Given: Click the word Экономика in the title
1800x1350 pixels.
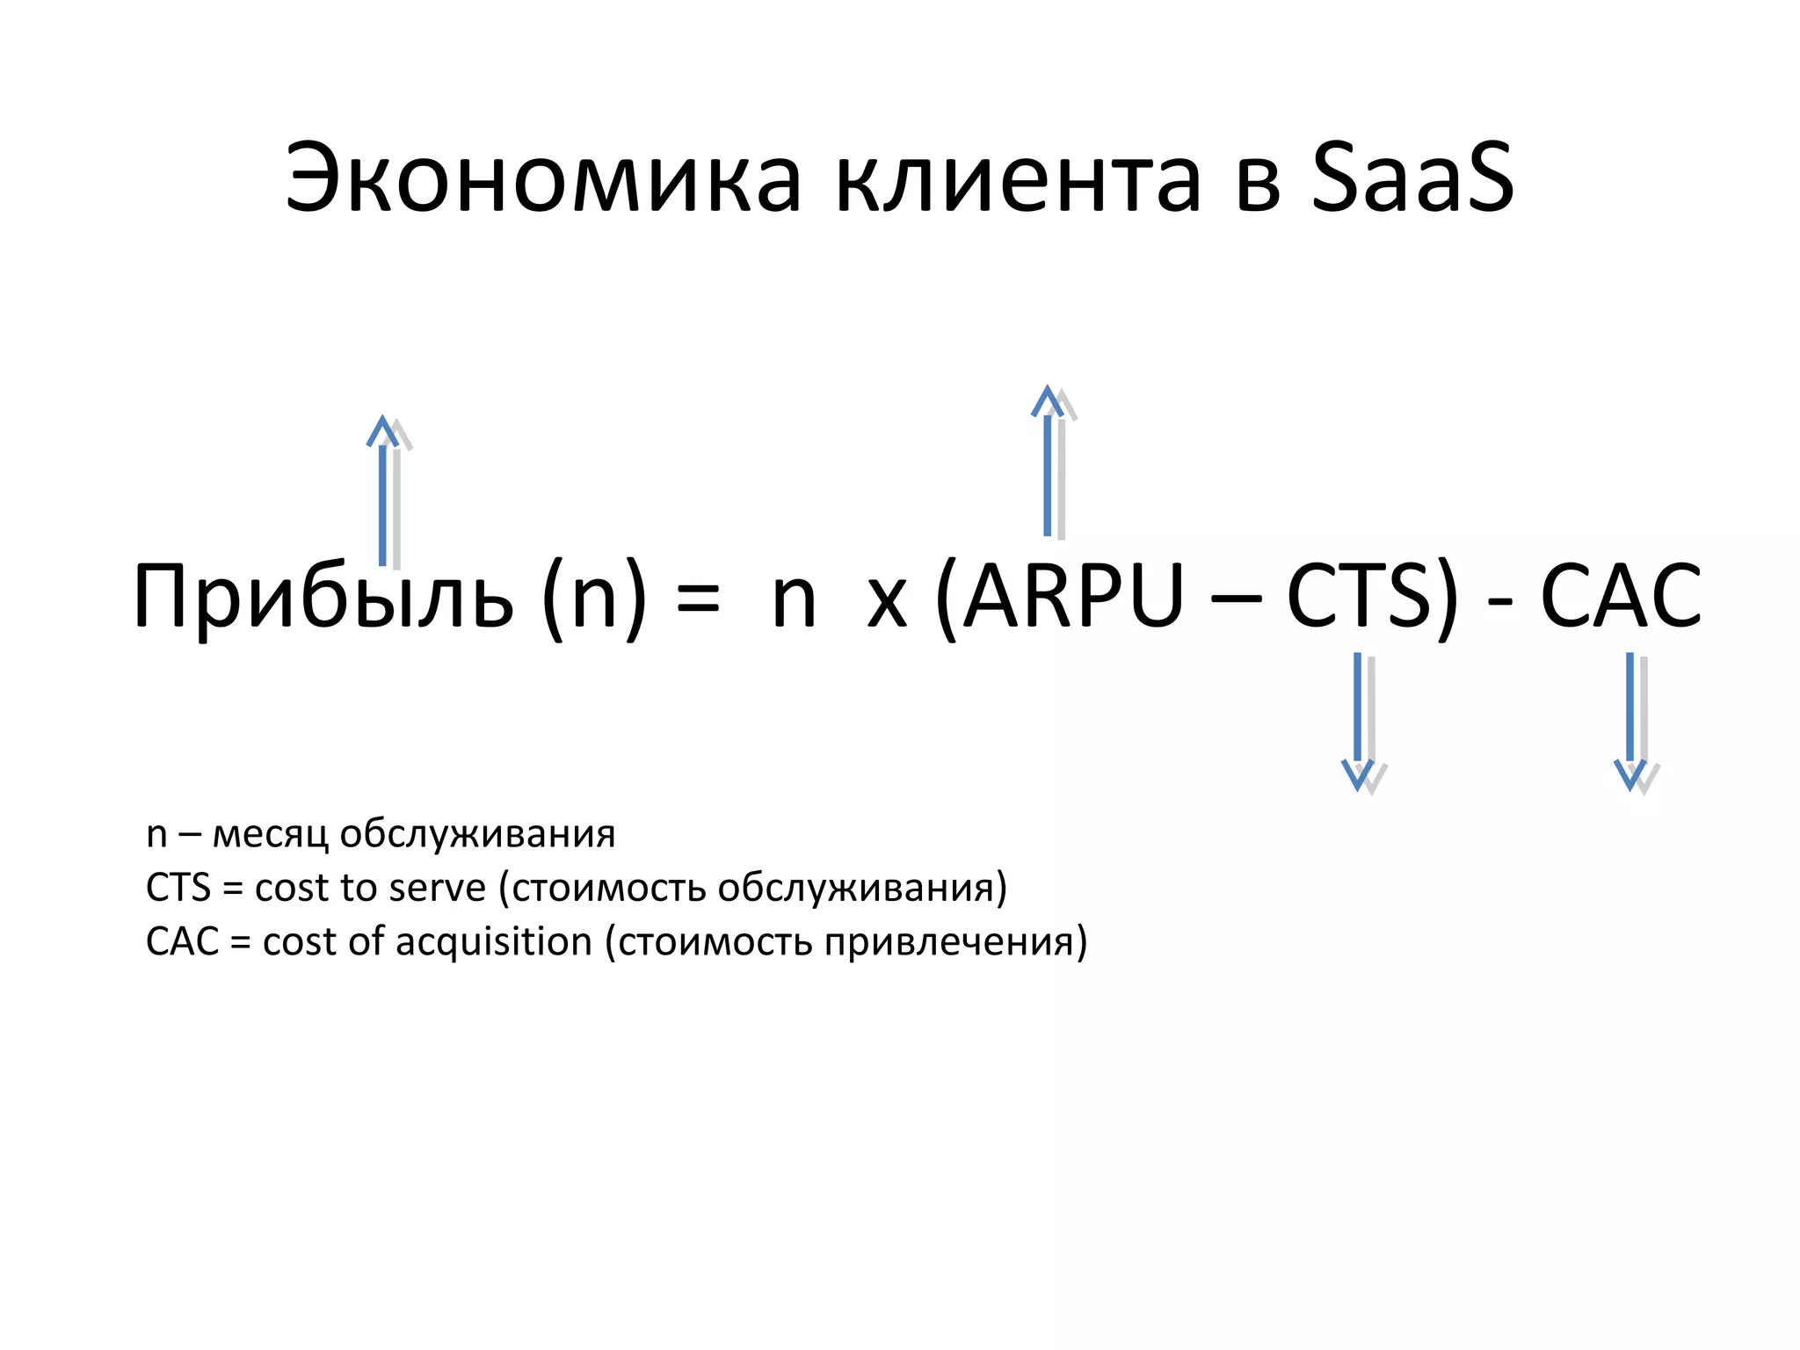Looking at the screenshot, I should point(543,178).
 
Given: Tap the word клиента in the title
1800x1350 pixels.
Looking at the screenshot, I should point(1018,178).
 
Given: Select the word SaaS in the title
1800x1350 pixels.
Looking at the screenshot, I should point(1412,178).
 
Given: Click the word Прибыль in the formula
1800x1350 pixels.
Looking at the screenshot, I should point(323,598).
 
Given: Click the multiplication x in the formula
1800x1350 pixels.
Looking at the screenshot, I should point(887,602).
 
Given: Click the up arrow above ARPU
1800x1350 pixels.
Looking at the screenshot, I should point(1048,461).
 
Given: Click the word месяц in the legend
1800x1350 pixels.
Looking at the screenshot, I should point(271,834).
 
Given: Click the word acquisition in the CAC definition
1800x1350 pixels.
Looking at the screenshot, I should point(494,941).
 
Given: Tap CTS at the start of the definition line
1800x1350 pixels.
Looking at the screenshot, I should point(178,888).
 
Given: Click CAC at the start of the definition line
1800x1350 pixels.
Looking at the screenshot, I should point(182,941).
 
